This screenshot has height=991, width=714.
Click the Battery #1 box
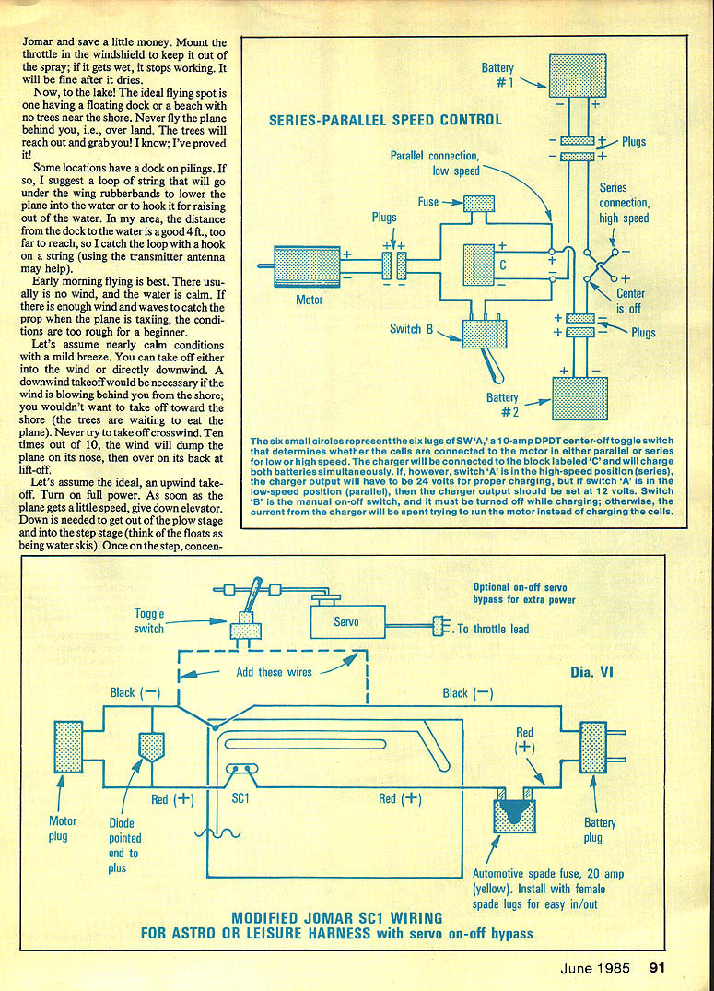click(579, 76)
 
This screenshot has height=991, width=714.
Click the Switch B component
click(485, 333)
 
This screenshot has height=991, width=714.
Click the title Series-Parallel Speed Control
click(385, 120)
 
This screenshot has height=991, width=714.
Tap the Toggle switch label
click(148, 620)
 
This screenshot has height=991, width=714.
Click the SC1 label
click(240, 798)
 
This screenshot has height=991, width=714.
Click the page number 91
click(657, 967)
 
